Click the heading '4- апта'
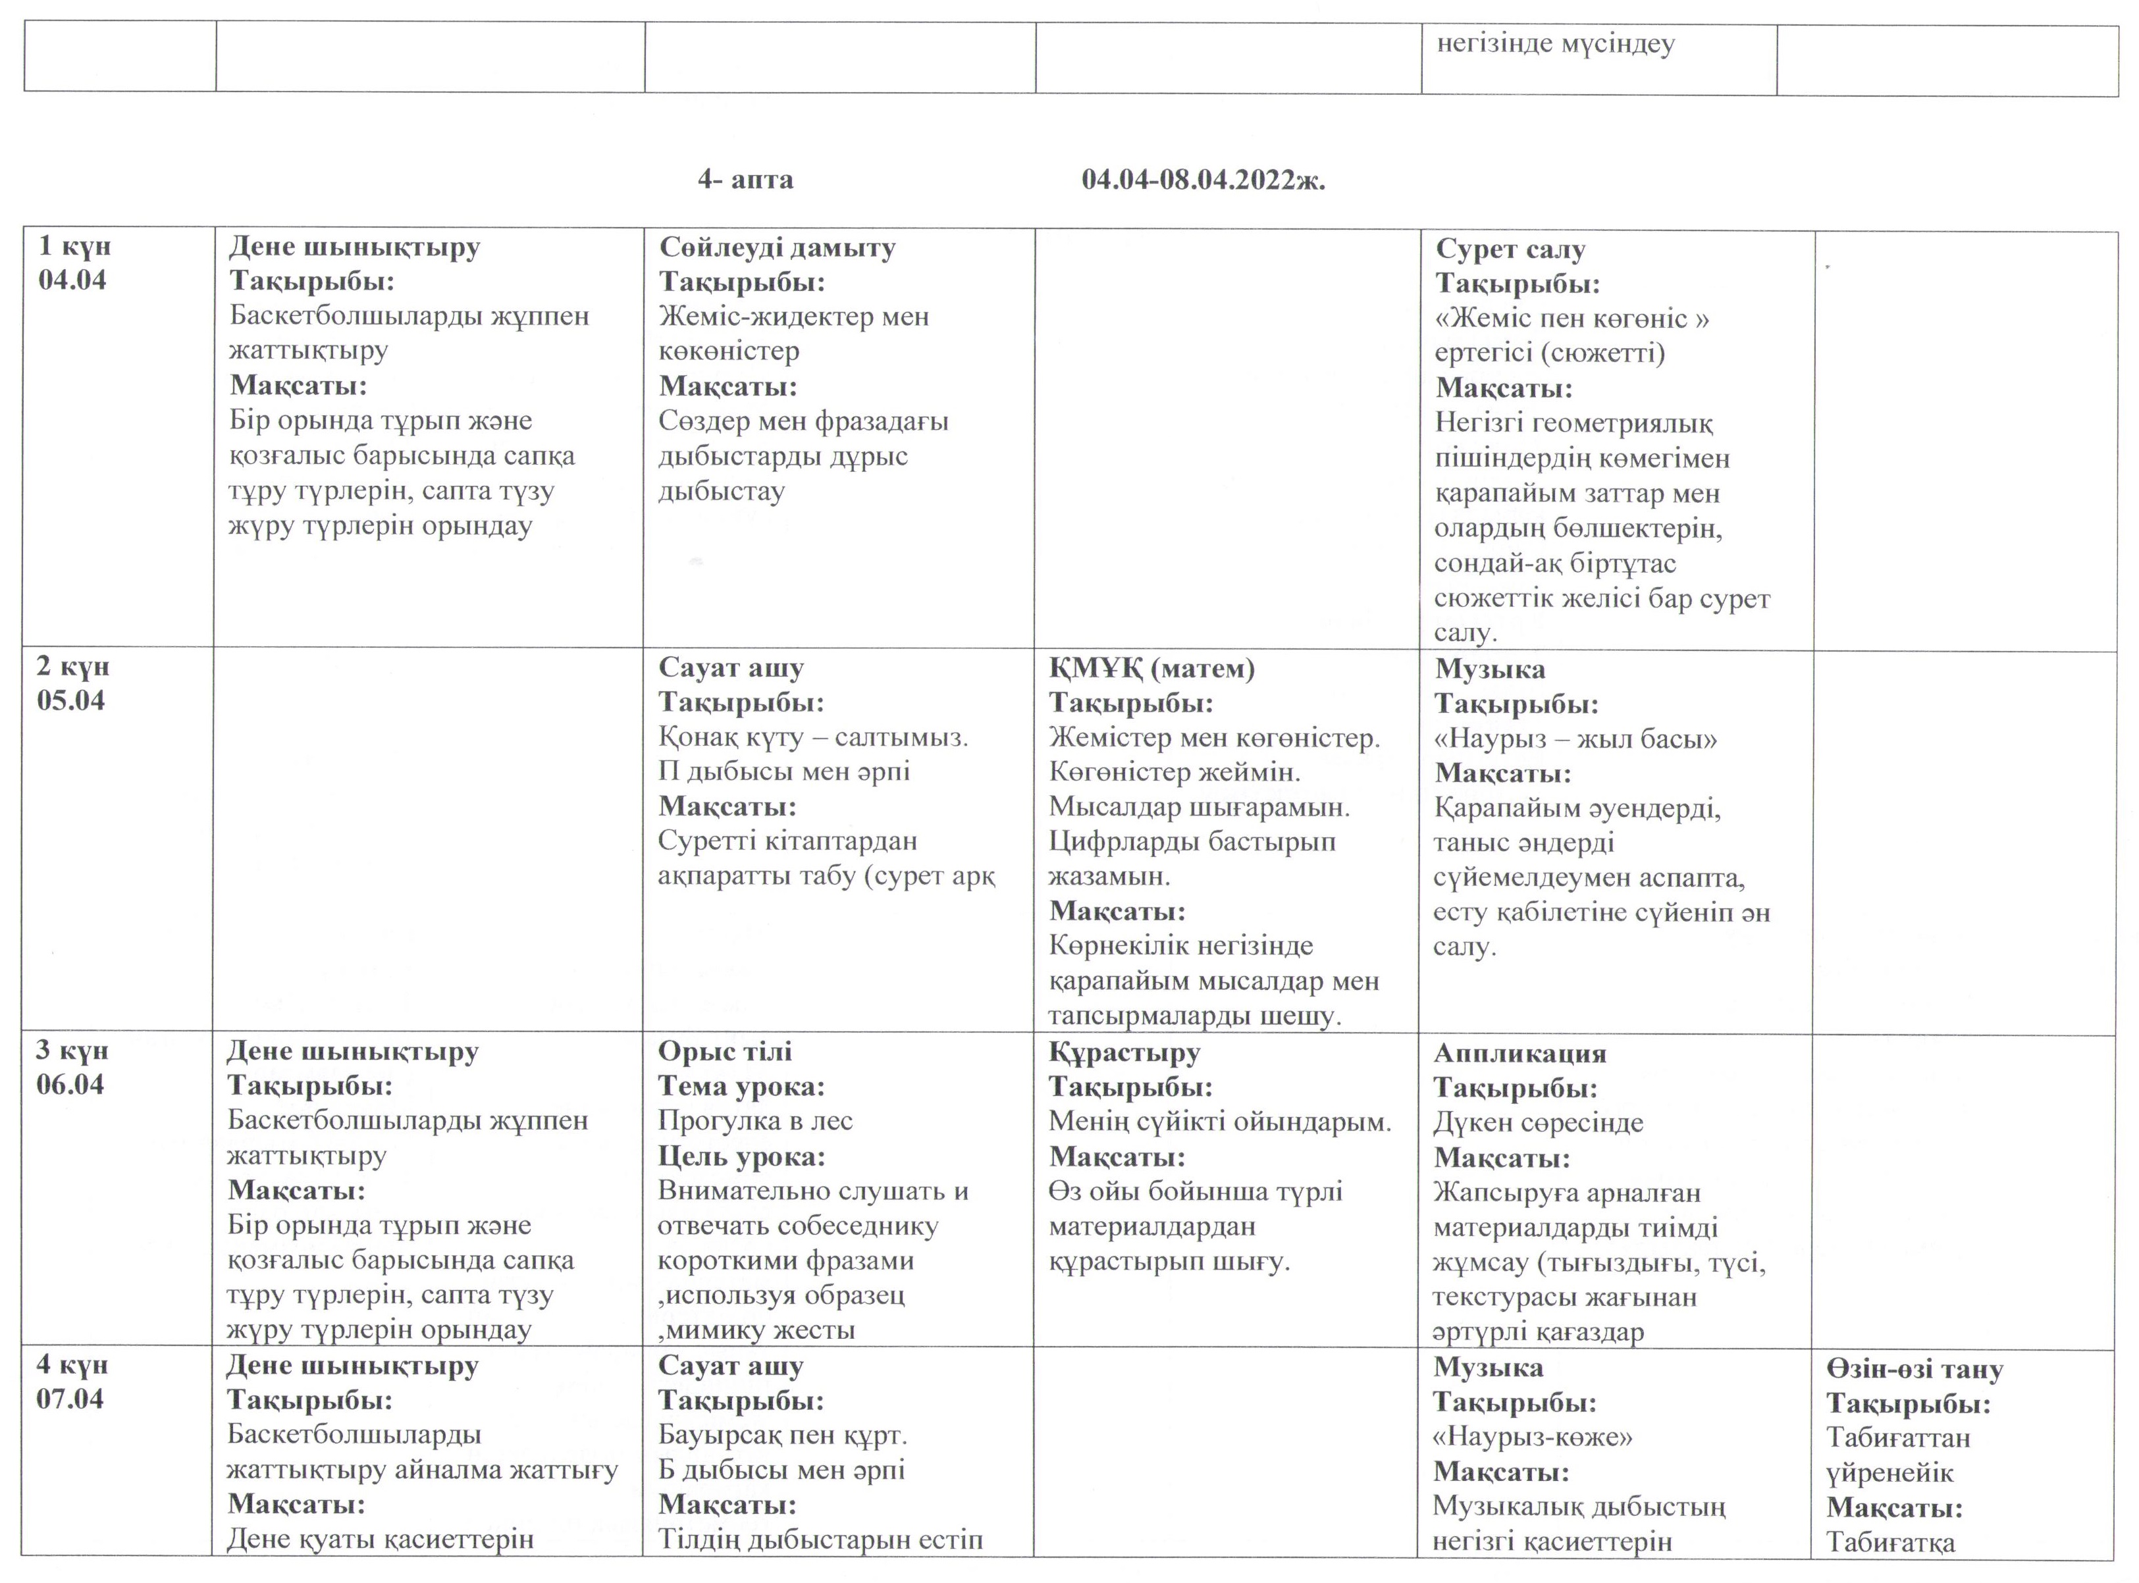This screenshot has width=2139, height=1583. [x=745, y=180]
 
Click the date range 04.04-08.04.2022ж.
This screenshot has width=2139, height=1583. [x=1203, y=180]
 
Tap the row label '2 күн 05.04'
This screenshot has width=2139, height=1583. [x=73, y=683]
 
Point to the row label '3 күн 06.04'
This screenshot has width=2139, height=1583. [x=72, y=1068]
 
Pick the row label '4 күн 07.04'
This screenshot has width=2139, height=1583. [x=72, y=1382]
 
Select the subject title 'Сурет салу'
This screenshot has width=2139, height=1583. [x=1510, y=249]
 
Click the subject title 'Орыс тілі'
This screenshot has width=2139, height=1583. [x=724, y=1051]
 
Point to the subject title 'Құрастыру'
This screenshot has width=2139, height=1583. [x=1124, y=1052]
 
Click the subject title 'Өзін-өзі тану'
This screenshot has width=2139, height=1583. [x=1914, y=1369]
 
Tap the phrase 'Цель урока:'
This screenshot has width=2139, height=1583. [x=741, y=1156]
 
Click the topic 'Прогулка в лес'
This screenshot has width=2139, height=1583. [x=754, y=1121]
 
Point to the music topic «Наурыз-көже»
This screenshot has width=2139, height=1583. [x=1533, y=1438]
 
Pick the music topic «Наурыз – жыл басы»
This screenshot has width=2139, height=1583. [x=1575, y=739]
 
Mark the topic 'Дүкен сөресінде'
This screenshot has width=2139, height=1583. [x=1537, y=1123]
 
